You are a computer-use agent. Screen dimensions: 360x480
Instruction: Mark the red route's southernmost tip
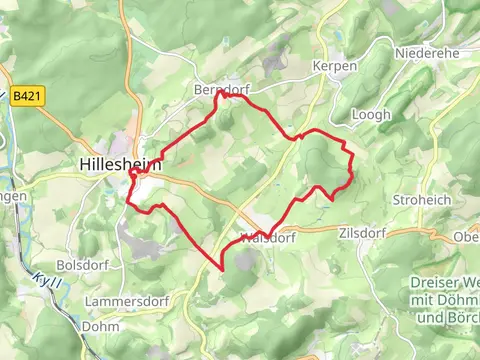point(221,269)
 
